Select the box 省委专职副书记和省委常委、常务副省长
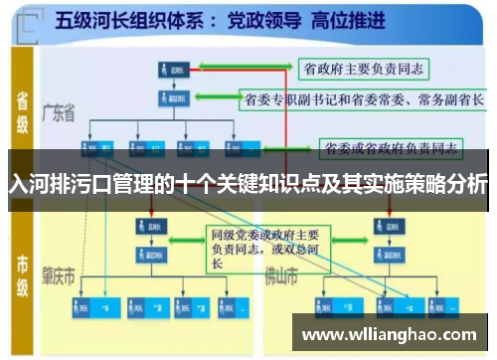364,100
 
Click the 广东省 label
59,115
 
